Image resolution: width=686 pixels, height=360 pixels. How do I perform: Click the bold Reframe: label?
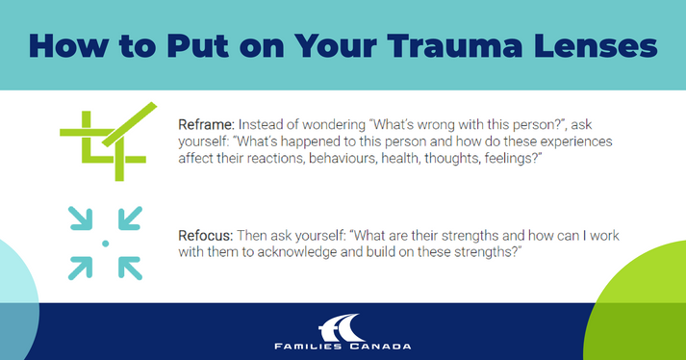206,124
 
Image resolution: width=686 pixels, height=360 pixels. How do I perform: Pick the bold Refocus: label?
205,234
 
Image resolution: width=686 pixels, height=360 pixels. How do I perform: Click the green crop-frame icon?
103,141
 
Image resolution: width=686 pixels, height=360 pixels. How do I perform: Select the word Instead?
262,124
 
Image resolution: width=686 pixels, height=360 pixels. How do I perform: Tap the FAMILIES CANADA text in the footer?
343,345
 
